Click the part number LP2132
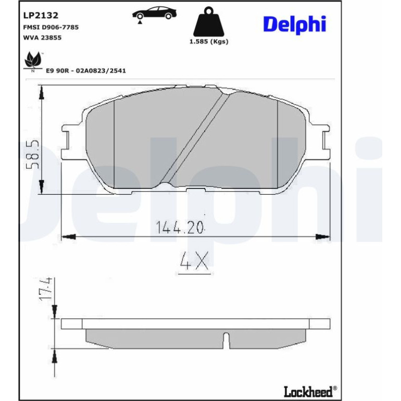pyautogui.click(x=41, y=15)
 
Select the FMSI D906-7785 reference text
pyautogui.click(x=51, y=27)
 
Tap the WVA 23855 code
pyautogui.click(x=43, y=37)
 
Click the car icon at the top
pyautogui.click(x=154, y=15)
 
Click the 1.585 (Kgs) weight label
pyautogui.click(x=209, y=42)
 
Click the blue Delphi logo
pyautogui.click(x=295, y=25)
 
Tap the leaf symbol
pyautogui.click(x=33, y=61)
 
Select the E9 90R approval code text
pyautogui.click(x=86, y=71)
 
